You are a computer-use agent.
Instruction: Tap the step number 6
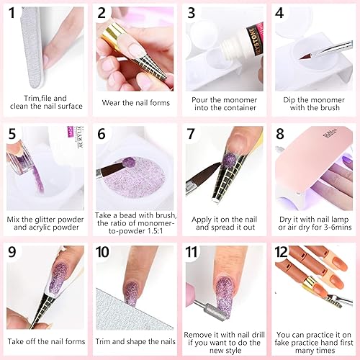103,135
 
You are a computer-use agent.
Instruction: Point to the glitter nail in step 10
132,295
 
